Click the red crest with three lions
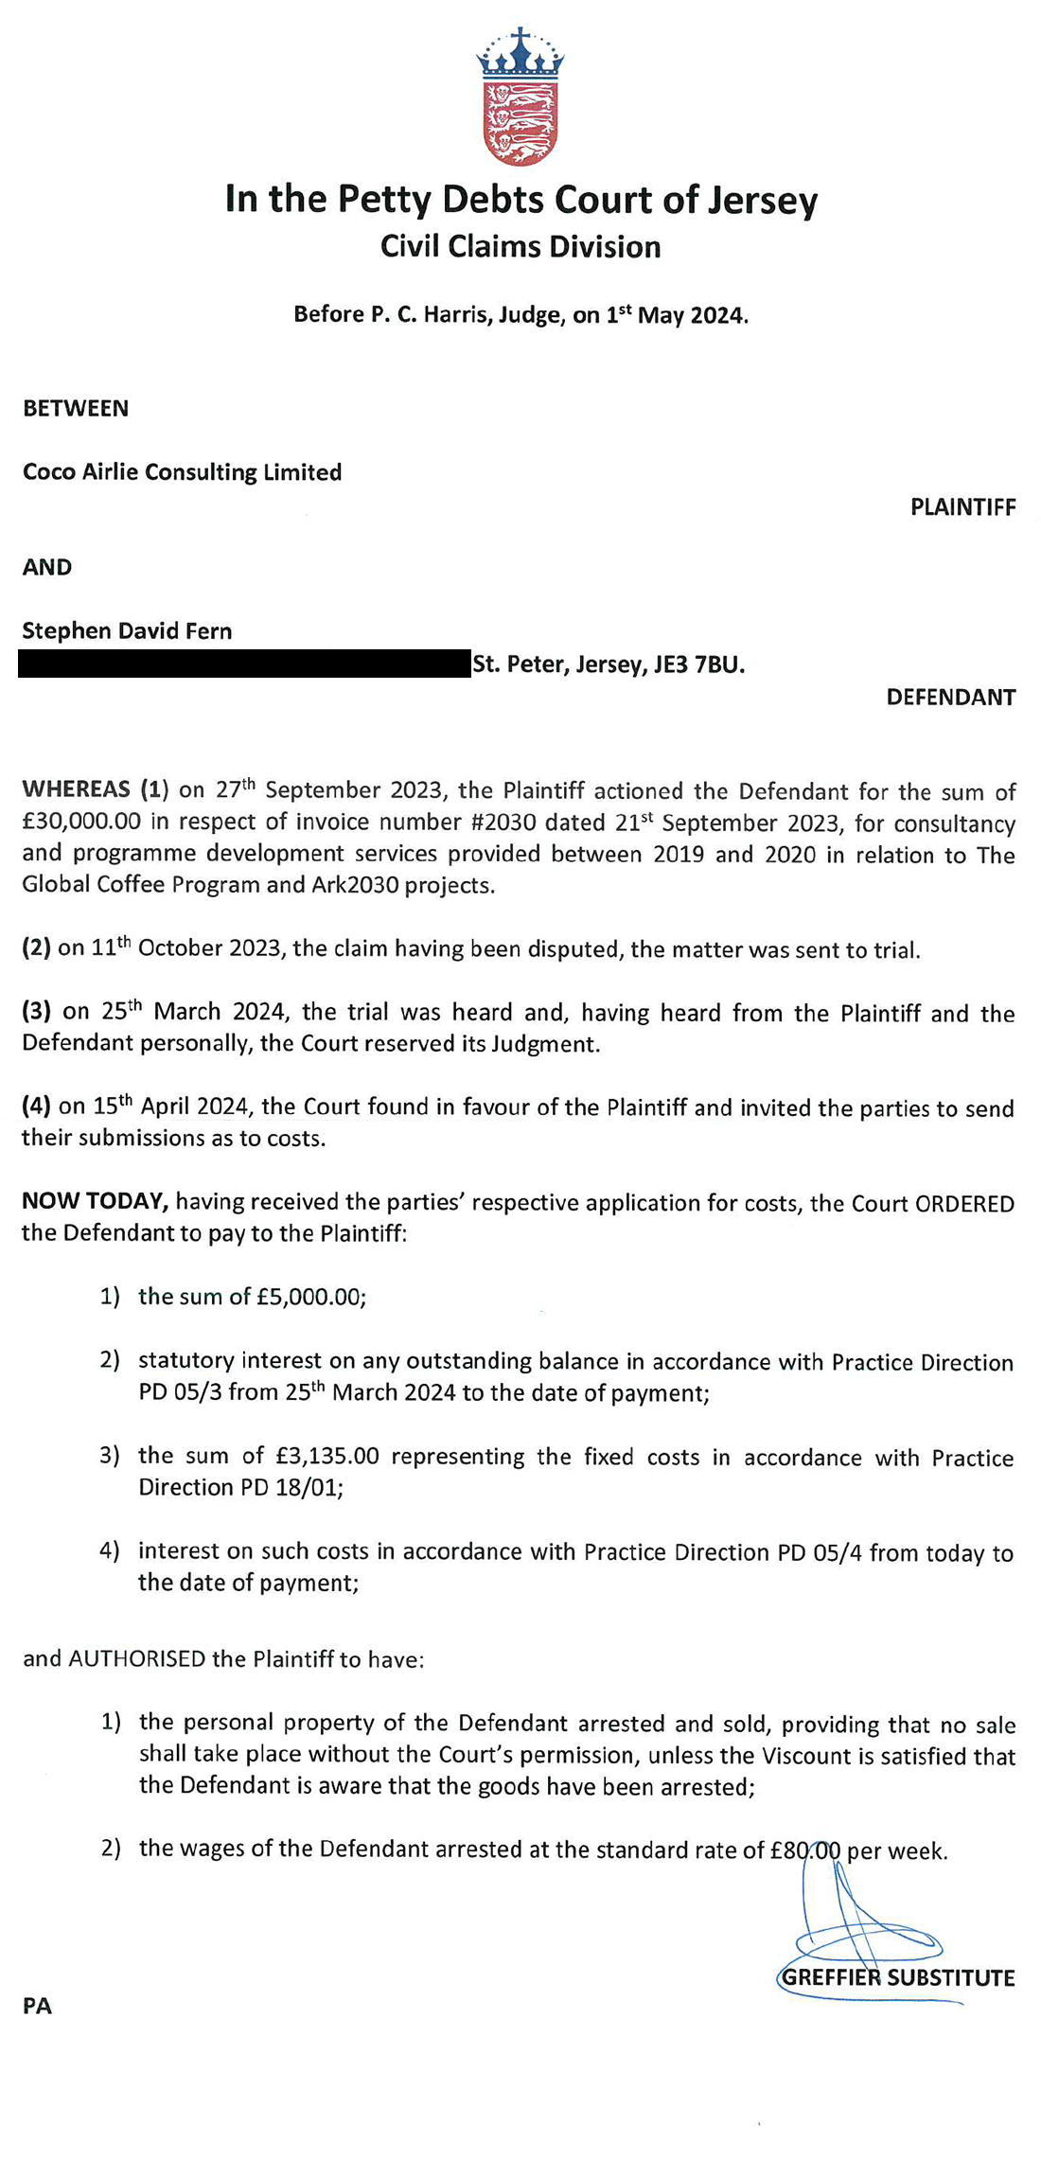tap(520, 123)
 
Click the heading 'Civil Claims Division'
tap(520, 247)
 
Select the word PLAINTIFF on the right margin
tap(962, 507)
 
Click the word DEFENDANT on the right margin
tap(950, 698)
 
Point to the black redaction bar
tap(244, 664)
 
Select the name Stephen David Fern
tap(127, 631)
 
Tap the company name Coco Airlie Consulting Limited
tap(182, 472)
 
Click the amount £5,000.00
tap(309, 1297)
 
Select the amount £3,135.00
tap(327, 1456)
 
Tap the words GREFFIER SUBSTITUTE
tap(898, 1977)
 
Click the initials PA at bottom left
tap(37, 2006)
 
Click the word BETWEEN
tap(76, 409)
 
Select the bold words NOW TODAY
tap(95, 1201)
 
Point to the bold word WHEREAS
tap(76, 789)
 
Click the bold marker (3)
tap(36, 1011)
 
